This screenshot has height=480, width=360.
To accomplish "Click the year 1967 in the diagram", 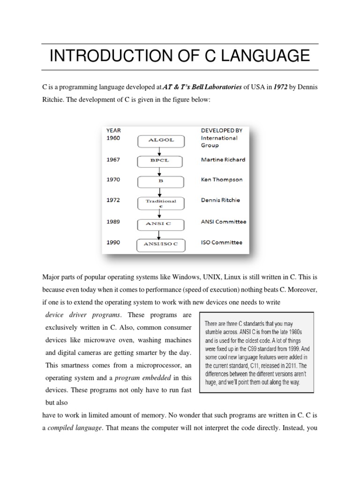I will (113, 159).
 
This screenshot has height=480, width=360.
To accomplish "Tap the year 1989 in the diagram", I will (113, 222).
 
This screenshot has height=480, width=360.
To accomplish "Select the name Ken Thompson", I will (222, 180).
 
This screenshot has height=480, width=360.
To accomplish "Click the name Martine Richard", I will (223, 160).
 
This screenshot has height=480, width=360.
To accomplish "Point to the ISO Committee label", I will (222, 242).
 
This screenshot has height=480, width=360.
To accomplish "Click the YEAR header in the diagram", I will (114, 130).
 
